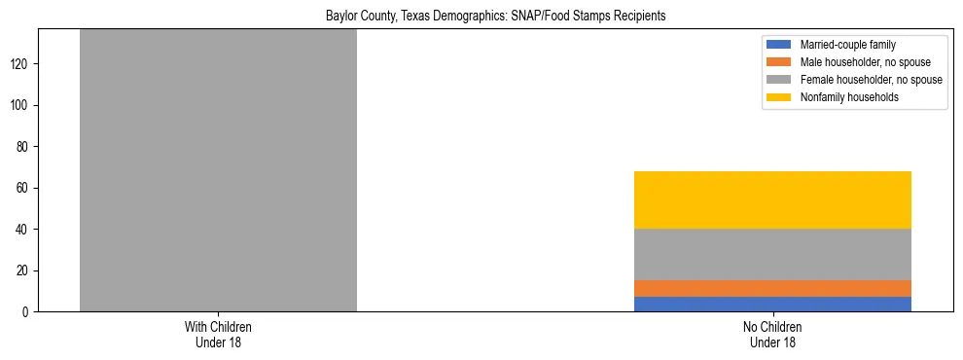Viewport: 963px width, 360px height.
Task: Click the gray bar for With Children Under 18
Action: (218, 170)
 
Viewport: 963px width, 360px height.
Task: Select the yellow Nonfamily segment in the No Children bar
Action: (772, 199)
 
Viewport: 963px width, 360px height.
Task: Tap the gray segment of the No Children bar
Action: (772, 254)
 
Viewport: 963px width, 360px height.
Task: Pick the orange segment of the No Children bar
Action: (772, 288)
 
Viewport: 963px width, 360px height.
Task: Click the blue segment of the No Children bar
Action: (772, 304)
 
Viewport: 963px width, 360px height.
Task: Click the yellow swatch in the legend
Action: (779, 97)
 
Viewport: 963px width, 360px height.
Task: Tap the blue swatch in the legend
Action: (779, 45)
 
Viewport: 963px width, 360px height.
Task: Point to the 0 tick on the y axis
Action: (27, 311)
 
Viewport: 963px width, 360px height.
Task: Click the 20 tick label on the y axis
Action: (24, 270)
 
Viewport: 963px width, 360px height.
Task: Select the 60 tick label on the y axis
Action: (24, 188)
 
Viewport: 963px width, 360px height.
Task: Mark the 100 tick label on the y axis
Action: (21, 105)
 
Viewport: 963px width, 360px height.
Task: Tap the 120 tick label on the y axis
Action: (21, 64)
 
